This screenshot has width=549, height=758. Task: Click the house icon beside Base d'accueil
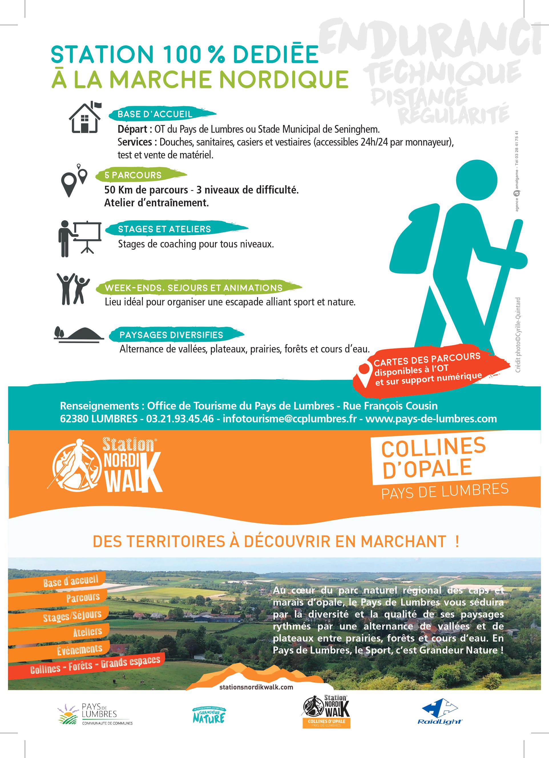85,118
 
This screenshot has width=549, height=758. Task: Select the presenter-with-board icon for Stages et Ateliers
80,238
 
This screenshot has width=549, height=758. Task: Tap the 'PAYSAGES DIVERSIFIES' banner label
171,335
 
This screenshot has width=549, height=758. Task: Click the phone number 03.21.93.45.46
180,419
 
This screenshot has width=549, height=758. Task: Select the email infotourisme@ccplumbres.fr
289,419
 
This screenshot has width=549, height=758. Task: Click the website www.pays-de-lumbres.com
431,419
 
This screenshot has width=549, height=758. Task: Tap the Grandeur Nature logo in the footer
209,714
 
